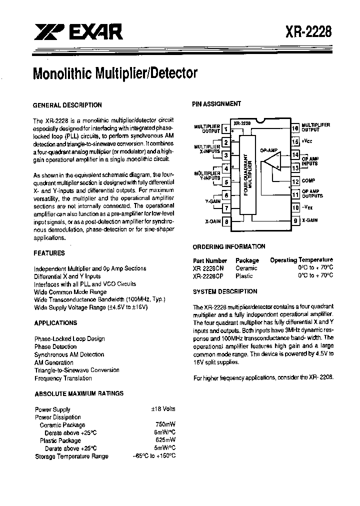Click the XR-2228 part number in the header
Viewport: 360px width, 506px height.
point(308,33)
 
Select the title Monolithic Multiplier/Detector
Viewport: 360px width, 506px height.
point(115,73)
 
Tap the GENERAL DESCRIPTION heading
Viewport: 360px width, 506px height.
point(67,105)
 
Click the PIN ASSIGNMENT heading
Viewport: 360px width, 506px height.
point(216,104)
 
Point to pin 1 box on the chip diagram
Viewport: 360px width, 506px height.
point(226,129)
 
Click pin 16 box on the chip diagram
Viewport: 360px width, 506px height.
point(295,128)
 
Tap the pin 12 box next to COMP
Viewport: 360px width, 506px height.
point(295,181)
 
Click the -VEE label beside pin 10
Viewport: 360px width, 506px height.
point(309,207)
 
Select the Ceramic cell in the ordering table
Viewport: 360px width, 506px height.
point(246,268)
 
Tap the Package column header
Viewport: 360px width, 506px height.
point(247,260)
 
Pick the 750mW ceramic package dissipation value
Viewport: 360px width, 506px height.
point(165,425)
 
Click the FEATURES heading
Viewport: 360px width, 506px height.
point(49,253)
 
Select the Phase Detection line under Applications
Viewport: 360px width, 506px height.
point(55,346)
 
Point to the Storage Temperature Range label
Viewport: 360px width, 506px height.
point(71,456)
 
